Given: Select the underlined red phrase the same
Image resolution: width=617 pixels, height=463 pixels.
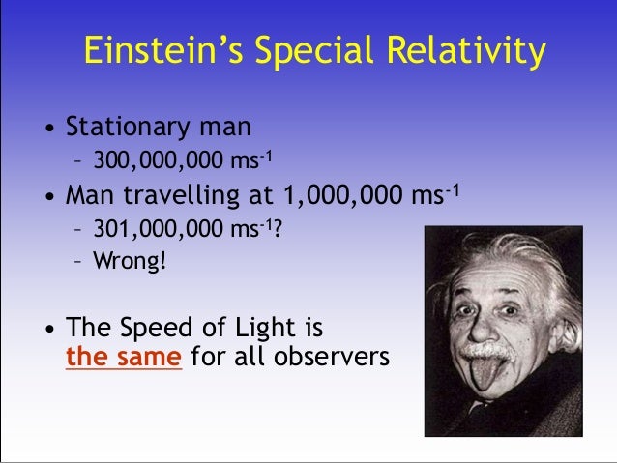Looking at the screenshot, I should point(124,358).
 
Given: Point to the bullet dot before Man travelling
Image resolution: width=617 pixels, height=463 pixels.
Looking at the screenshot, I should point(46,197).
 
